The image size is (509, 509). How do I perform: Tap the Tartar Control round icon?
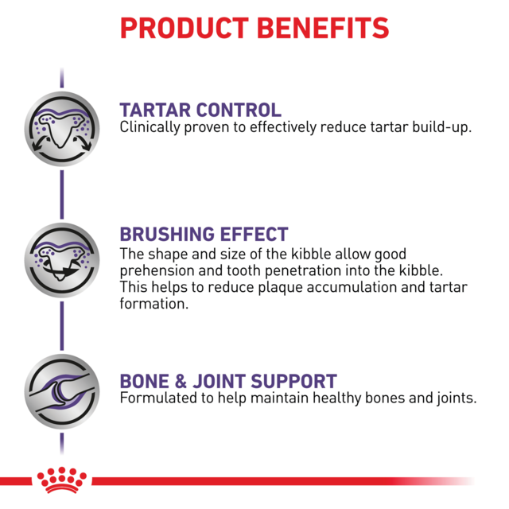62,127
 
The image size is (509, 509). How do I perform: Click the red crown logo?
61,480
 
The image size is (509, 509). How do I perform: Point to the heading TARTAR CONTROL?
200,110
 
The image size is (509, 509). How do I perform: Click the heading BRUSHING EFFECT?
204,235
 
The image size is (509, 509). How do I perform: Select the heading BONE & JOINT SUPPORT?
227,381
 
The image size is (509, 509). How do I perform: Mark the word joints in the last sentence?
454,398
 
